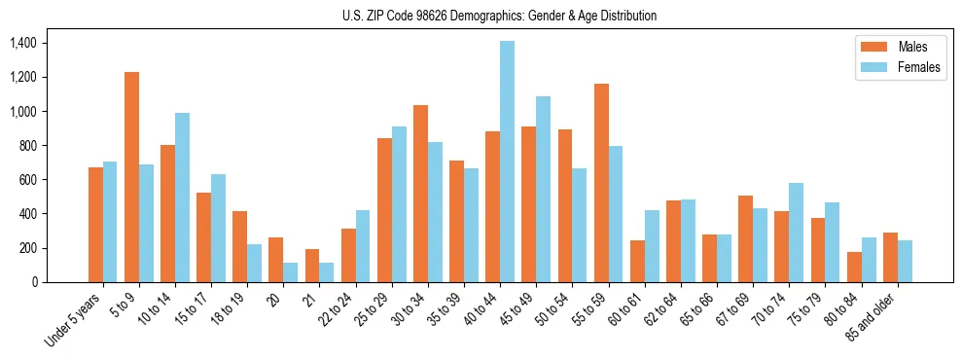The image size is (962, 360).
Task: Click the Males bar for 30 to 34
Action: click(x=420, y=194)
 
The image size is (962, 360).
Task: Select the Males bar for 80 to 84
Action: click(x=854, y=267)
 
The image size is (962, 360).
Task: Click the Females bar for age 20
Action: click(x=290, y=272)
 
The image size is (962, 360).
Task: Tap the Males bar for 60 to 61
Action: click(x=637, y=261)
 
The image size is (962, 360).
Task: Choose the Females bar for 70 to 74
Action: click(x=796, y=233)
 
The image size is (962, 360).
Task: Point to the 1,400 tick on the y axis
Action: click(x=21, y=43)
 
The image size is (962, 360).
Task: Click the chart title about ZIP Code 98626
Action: click(x=499, y=16)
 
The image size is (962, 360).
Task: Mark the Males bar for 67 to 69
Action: click(x=745, y=238)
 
